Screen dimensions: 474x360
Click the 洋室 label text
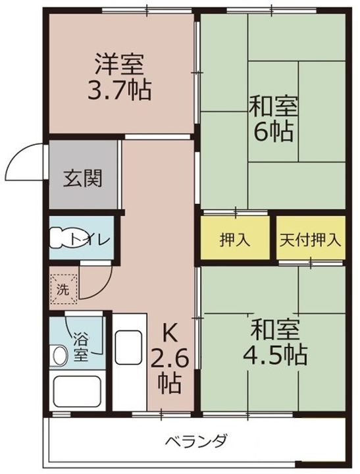coord(120,66)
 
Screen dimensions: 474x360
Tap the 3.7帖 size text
coord(120,90)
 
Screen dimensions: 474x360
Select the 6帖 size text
coord(273,132)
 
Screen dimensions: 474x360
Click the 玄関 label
coord(83,178)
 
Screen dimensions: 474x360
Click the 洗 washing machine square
coord(63,288)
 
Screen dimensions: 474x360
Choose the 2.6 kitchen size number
coord(170,361)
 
